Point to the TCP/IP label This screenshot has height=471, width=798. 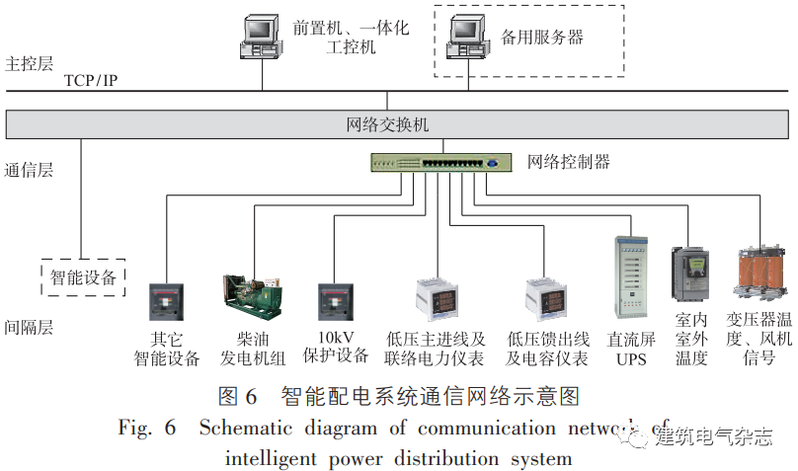(x=91, y=80)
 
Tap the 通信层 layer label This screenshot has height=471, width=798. (x=30, y=169)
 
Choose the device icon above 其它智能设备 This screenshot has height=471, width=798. (x=166, y=301)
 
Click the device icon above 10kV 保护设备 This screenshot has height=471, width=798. (x=335, y=301)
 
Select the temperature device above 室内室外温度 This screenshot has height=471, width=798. (x=690, y=275)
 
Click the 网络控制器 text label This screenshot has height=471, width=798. (x=568, y=162)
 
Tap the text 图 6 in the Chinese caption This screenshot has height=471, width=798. (x=236, y=396)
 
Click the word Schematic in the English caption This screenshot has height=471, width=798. (x=242, y=429)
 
